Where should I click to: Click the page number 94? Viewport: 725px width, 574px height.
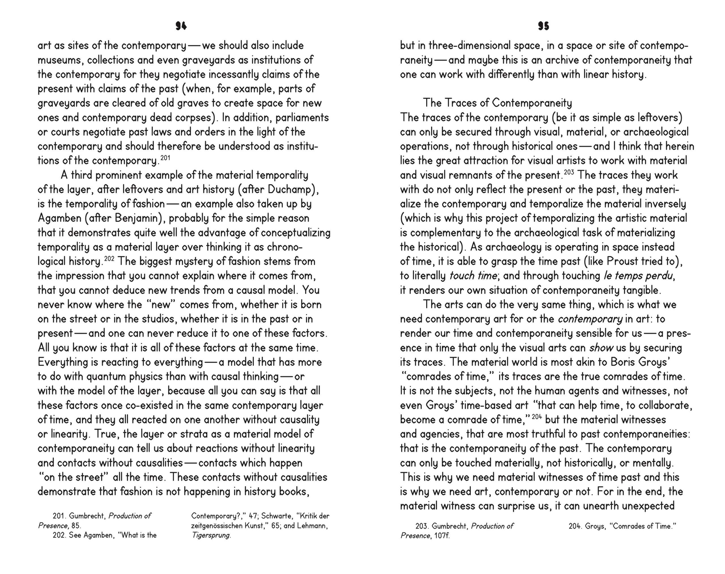[181, 26]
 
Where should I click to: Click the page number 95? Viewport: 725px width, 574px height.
[543, 26]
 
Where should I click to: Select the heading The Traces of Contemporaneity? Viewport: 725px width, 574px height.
[497, 103]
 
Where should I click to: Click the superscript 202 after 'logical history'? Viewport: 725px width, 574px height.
[109, 259]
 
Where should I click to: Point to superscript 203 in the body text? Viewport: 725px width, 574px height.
[569, 172]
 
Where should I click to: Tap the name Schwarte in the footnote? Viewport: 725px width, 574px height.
[277, 516]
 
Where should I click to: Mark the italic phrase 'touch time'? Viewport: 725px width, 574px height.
[473, 276]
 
